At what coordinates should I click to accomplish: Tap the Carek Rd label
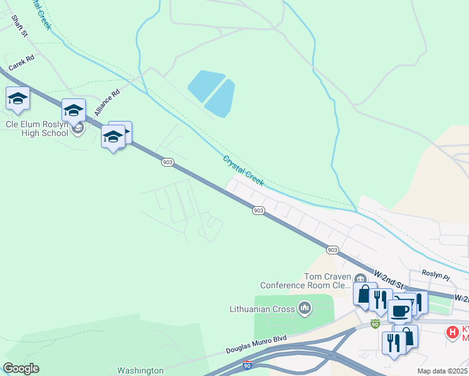coord(21,66)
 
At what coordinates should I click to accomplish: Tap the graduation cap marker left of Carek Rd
coord(18,99)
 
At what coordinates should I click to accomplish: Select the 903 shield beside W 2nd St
coord(332,249)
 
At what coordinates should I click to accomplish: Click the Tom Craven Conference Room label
coord(326,280)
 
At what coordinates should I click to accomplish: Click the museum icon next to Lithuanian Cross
coord(305,307)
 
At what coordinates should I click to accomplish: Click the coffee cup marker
coord(399,310)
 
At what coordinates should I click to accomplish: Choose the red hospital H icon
coord(451,332)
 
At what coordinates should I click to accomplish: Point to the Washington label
coord(140,370)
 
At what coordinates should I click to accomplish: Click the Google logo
coord(21,368)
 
